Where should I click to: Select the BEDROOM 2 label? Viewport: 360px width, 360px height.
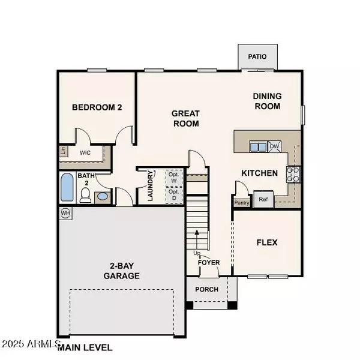97,108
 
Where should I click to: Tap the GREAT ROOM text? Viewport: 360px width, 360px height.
185,118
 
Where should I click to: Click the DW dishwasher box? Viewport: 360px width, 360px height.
274,146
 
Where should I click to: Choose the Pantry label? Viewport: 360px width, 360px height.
242,202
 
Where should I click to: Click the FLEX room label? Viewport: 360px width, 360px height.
266,242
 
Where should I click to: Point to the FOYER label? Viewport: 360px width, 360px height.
209,262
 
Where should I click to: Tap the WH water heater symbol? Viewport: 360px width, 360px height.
65,212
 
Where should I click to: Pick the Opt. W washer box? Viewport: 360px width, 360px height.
173,178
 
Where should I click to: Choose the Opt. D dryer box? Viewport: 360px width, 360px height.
173,195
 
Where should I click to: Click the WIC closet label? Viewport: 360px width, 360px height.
85,152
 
